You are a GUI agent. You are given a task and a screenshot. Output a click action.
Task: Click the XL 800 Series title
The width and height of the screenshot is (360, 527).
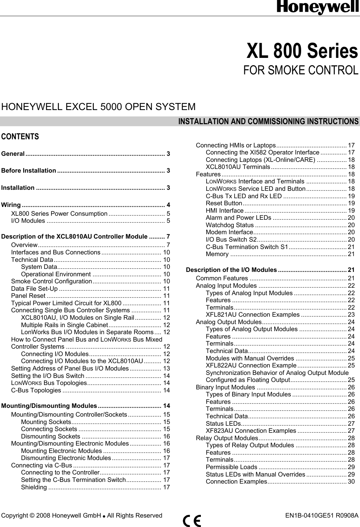pyautogui.click(x=302, y=51)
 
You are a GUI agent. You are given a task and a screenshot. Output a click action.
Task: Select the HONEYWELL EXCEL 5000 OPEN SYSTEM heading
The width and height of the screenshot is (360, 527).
pyautogui.click(x=98, y=107)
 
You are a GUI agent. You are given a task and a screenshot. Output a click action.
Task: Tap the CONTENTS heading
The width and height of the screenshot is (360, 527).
pyautogui.click(x=20, y=137)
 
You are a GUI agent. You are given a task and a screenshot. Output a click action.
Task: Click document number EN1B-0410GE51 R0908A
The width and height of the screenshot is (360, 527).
pyautogui.click(x=321, y=516)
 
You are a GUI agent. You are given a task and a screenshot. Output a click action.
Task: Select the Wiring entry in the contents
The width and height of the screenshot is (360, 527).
pyautogui.click(x=11, y=205)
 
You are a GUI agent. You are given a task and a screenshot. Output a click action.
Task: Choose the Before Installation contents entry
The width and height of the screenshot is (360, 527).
pyautogui.click(x=29, y=170)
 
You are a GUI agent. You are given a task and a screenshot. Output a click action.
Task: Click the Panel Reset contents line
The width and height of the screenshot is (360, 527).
pyautogui.click(x=28, y=296)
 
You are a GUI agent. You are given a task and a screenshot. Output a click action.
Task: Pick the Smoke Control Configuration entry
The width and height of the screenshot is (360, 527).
pyautogui.click(x=51, y=281)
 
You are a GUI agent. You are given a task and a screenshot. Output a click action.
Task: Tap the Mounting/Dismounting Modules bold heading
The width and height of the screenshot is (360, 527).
pyautogui.click(x=49, y=406)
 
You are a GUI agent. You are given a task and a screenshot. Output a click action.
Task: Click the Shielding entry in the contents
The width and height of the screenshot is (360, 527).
pyautogui.click(x=34, y=487)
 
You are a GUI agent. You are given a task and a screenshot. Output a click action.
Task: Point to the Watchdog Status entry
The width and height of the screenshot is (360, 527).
pyautogui.click(x=230, y=225)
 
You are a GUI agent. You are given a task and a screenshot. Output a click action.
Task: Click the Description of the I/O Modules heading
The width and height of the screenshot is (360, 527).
pyautogui.click(x=231, y=270)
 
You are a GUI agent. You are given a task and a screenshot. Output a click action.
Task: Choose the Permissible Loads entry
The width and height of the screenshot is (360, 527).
pyautogui.click(x=231, y=467)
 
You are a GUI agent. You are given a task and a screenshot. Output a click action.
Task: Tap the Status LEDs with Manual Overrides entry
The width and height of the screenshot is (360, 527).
pyautogui.click(x=255, y=474)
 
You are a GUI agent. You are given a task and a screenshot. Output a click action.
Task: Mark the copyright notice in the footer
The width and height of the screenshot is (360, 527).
pyautogui.click(x=82, y=516)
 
